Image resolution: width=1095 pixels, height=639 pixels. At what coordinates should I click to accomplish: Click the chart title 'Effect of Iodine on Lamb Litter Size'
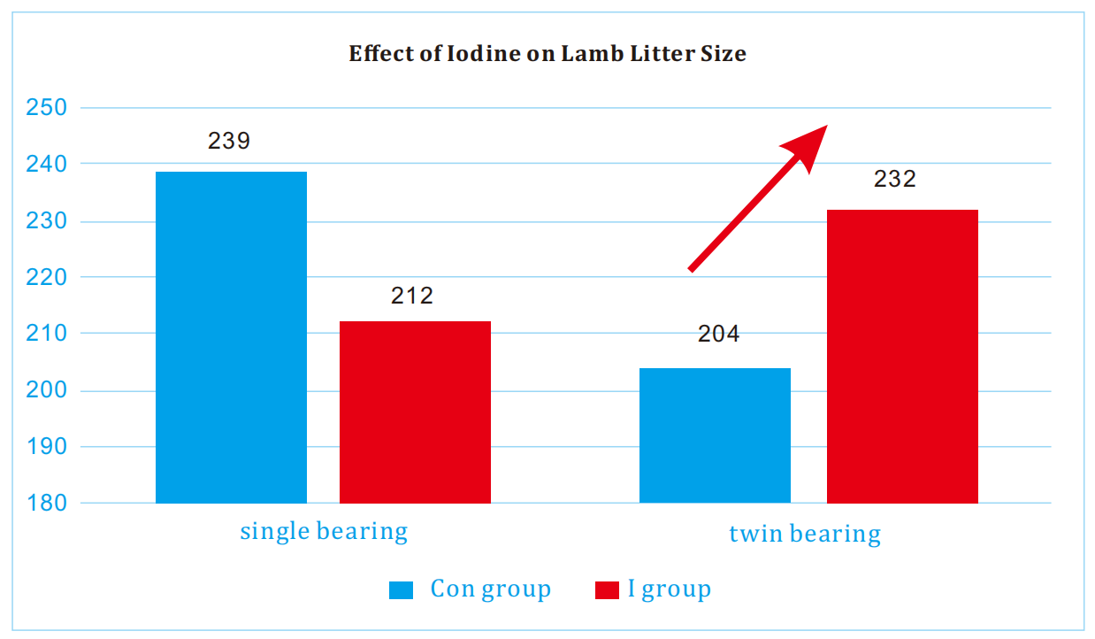(547, 54)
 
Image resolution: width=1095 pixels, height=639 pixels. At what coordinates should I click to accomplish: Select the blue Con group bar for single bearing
(231, 337)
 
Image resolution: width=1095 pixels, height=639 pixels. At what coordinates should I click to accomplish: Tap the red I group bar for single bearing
(415, 412)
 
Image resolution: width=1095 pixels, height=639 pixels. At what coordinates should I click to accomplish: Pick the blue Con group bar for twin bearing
(715, 435)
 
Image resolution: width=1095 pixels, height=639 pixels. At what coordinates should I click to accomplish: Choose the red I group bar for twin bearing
(902, 356)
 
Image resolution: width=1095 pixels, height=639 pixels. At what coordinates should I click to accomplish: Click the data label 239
(229, 141)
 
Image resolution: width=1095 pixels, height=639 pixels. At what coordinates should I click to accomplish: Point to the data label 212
(412, 296)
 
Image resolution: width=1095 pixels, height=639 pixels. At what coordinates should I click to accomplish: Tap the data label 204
(718, 335)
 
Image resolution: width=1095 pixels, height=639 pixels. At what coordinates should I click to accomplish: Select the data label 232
(895, 180)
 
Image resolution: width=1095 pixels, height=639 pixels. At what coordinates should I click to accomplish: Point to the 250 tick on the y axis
(47, 108)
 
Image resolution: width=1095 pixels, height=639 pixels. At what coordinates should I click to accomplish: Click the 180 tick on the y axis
(47, 503)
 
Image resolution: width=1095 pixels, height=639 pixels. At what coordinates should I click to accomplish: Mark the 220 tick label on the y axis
(47, 277)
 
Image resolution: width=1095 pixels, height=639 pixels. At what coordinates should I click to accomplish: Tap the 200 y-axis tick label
(47, 390)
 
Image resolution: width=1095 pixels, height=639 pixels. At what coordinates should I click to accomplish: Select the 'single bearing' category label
(324, 532)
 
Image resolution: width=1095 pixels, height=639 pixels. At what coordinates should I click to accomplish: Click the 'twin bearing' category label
(805, 535)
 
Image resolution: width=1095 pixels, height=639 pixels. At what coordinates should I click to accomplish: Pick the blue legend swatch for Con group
(401, 590)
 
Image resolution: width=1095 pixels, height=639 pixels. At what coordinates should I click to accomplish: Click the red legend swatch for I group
(607, 590)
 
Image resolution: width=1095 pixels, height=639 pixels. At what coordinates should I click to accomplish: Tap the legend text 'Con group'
(490, 589)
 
